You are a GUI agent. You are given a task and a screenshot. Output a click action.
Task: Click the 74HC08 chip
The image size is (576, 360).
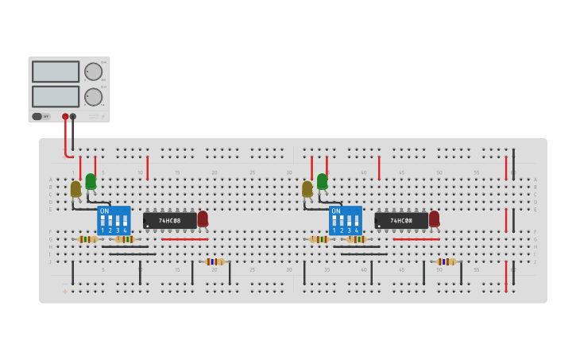169,220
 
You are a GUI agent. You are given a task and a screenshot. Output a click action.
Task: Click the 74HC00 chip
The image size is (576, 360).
400,220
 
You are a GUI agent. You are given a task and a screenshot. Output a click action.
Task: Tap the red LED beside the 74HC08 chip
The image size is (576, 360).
203,218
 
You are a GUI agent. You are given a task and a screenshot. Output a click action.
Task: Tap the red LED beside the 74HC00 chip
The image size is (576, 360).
434,218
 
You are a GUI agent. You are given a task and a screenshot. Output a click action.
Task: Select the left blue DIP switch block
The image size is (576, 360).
114,220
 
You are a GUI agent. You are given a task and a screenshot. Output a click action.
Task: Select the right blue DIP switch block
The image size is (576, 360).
345,220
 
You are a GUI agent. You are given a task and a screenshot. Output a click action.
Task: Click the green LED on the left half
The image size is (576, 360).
91,181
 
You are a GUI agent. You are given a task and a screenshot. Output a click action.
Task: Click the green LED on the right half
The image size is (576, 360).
322,181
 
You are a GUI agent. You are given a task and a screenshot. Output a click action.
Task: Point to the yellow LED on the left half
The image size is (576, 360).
75,188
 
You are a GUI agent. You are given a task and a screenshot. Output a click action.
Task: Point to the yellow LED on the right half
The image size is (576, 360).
307,188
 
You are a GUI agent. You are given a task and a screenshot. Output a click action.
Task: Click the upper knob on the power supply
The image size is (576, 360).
94,72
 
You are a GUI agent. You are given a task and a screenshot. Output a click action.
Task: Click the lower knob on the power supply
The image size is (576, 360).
94,97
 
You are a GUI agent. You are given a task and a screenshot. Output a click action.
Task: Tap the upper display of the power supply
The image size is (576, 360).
56,72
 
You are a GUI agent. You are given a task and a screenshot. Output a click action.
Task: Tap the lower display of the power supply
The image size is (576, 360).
56,97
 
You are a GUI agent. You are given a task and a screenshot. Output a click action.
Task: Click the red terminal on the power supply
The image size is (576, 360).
65,117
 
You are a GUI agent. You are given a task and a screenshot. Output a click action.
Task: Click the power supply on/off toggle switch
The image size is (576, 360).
37,117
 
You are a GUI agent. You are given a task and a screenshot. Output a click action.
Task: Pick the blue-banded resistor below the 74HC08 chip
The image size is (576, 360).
214,261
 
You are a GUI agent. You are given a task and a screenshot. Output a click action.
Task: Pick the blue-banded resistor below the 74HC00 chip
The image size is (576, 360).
446,261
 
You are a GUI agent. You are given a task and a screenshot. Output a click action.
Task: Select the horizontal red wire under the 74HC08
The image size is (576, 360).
184,239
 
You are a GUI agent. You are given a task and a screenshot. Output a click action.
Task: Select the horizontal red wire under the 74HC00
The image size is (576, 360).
416,239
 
